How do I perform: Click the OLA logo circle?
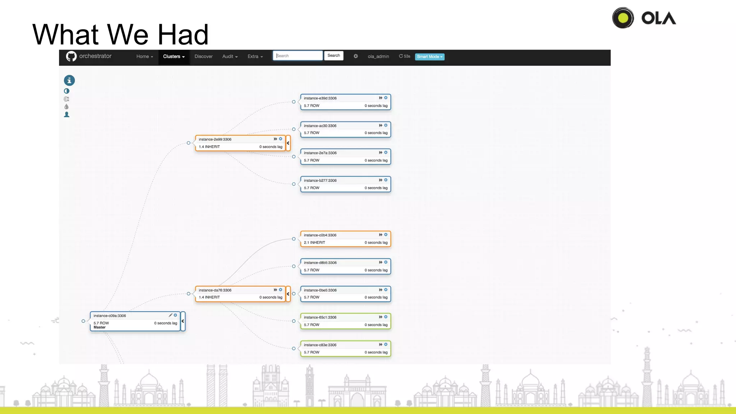click(x=623, y=18)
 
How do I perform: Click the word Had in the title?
click(x=183, y=34)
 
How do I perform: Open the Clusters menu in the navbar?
click(x=174, y=57)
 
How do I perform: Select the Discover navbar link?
click(x=203, y=57)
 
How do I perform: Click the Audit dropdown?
click(x=230, y=57)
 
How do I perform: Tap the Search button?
click(x=333, y=56)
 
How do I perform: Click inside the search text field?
click(x=298, y=56)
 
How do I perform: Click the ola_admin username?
click(x=378, y=57)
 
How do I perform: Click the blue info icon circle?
click(x=69, y=80)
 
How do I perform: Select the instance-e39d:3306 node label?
click(x=320, y=98)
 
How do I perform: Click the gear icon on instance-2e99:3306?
click(x=281, y=139)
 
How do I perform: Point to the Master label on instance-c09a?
click(x=100, y=327)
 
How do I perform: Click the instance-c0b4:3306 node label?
click(x=320, y=235)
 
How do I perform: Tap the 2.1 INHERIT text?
click(x=314, y=243)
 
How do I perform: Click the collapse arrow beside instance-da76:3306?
click(x=288, y=294)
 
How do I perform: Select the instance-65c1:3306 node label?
click(x=320, y=317)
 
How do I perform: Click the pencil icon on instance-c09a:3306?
click(x=170, y=315)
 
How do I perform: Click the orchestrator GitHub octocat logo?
click(x=71, y=56)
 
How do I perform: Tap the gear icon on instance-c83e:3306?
click(x=386, y=345)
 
